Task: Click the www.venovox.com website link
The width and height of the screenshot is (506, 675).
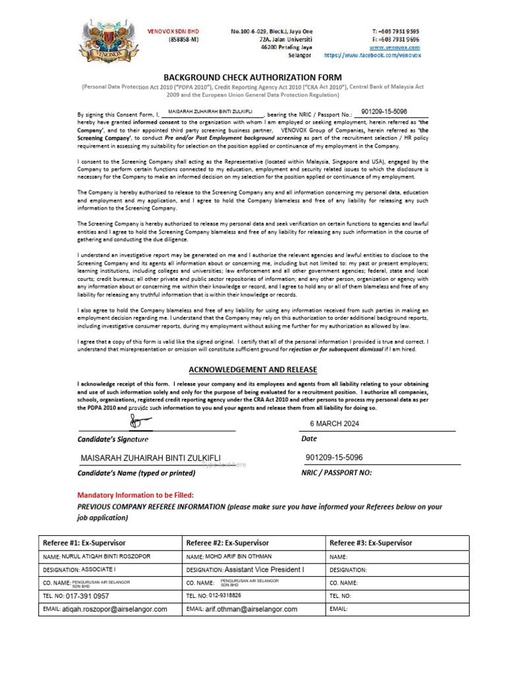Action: click(395, 47)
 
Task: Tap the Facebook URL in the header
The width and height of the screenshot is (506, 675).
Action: click(372, 56)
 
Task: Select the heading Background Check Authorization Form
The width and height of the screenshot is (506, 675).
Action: click(252, 77)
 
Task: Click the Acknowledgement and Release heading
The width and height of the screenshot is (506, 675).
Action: click(253, 369)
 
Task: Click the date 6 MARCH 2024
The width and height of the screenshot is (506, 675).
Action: click(334, 424)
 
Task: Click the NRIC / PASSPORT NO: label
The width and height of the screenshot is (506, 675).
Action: click(337, 473)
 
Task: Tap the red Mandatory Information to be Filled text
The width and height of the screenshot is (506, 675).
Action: click(136, 494)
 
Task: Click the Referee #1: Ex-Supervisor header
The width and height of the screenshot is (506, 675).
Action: click(84, 543)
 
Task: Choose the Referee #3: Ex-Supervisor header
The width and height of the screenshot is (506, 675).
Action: click(371, 543)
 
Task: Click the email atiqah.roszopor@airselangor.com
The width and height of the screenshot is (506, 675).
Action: click(115, 609)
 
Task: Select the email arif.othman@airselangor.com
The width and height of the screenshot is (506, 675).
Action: click(251, 609)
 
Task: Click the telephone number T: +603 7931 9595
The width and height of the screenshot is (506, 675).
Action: click(395, 31)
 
